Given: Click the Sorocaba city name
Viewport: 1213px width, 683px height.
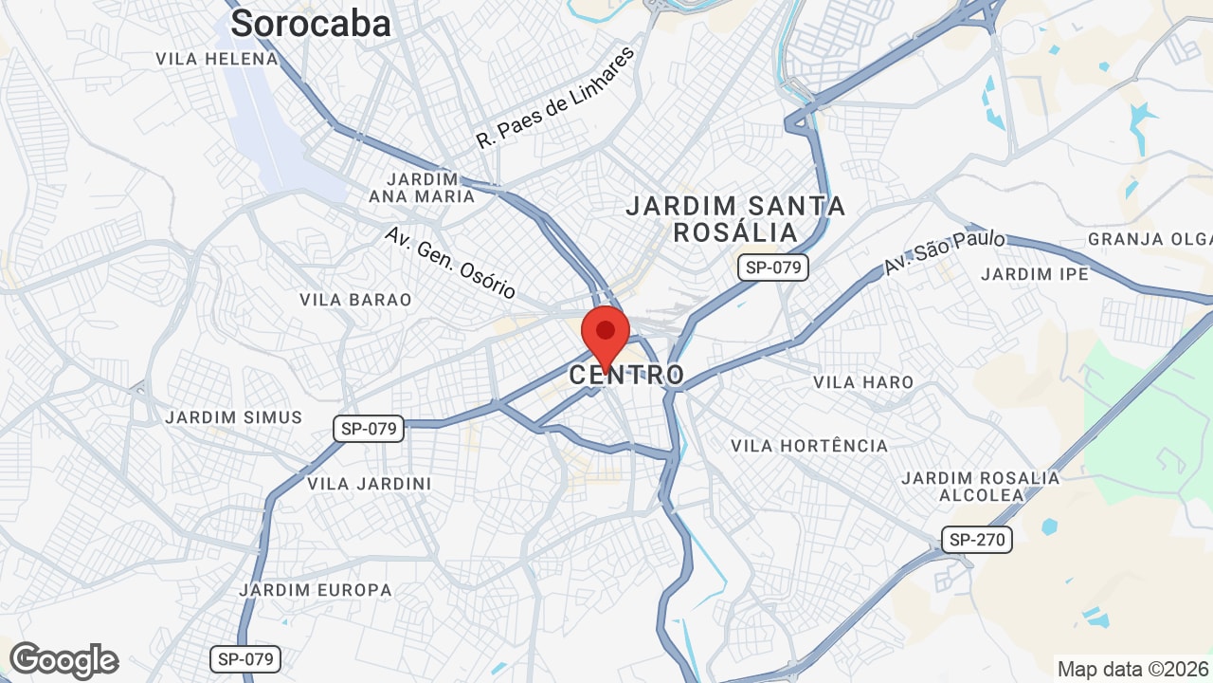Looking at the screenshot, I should [x=310, y=23].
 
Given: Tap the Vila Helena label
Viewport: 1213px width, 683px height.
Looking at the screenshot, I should [x=218, y=59].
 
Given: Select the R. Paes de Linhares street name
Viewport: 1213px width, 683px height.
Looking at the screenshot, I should [x=554, y=98].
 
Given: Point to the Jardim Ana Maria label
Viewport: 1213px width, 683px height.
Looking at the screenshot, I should [x=423, y=188].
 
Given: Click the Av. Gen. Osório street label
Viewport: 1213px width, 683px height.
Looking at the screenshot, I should [x=450, y=263].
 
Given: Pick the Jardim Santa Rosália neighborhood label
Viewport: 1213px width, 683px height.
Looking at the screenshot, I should [x=735, y=219].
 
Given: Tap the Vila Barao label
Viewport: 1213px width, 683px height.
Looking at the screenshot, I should [x=355, y=300].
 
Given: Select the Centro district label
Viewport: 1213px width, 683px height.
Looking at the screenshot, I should [x=626, y=375].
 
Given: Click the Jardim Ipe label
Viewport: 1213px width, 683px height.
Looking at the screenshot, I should [x=1035, y=274].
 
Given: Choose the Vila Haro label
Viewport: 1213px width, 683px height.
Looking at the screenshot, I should [x=863, y=382].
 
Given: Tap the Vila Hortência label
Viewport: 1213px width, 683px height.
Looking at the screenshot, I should [x=809, y=446].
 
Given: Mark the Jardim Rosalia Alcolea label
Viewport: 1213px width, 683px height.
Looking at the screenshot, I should [x=981, y=486].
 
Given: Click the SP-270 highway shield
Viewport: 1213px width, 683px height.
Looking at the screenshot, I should [x=977, y=541].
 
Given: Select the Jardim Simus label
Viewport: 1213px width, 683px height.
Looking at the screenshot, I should [x=234, y=417].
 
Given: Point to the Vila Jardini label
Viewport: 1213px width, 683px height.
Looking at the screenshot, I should [x=370, y=484].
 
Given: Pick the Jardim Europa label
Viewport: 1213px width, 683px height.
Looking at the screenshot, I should [x=316, y=590].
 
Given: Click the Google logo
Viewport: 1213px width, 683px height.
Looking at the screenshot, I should [x=63, y=660].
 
